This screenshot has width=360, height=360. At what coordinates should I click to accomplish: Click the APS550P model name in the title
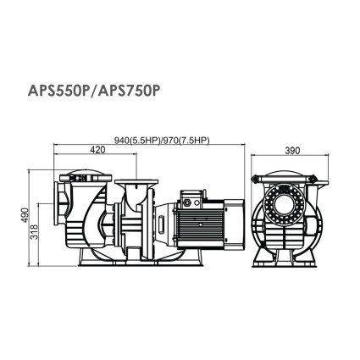pyautogui.click(x=58, y=91)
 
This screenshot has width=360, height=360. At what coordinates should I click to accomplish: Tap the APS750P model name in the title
pyautogui.click(x=127, y=91)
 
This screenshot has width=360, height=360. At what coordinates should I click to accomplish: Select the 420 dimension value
pyautogui.click(x=97, y=150)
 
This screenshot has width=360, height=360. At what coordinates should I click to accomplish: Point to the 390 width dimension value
pyautogui.click(x=292, y=151)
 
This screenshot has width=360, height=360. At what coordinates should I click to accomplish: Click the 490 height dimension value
pyautogui.click(x=25, y=214)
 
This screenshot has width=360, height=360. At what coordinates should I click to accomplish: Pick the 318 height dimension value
pyautogui.click(x=35, y=232)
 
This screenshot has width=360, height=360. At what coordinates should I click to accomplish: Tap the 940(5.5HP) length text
pyautogui.click(x=136, y=141)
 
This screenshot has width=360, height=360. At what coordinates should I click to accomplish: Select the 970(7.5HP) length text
pyautogui.click(x=186, y=141)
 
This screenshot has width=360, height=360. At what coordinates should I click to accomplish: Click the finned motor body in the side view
pyautogui.click(x=200, y=223)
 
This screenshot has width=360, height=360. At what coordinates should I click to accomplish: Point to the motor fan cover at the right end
pyautogui.click(x=234, y=223)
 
